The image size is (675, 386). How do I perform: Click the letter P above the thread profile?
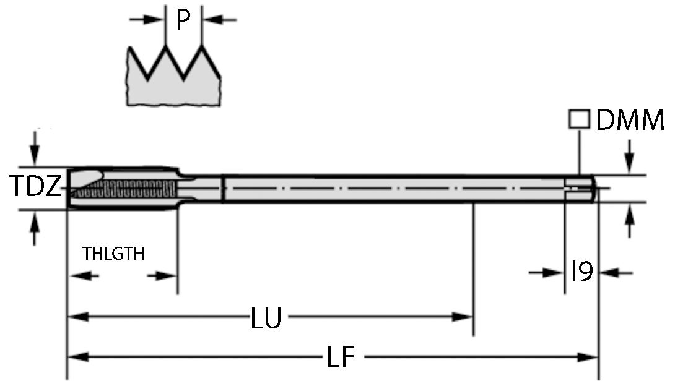point(182,20)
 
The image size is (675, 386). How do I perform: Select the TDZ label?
point(35,187)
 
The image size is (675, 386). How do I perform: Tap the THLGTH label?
point(113,254)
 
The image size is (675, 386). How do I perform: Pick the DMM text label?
point(630,121)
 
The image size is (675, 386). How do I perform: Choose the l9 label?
point(582,272)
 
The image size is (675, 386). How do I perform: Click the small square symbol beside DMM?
point(578,119)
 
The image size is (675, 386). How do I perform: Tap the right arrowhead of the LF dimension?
point(588,357)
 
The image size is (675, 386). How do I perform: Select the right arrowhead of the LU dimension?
point(463,317)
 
